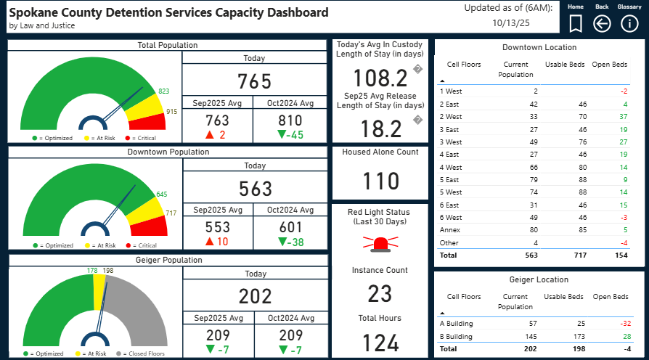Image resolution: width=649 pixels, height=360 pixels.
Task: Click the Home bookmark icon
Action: click(575, 24)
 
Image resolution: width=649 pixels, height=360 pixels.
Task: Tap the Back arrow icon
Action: click(602, 24)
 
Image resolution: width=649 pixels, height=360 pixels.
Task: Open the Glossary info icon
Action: click(629, 24)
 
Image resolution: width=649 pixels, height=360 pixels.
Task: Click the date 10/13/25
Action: click(508, 22)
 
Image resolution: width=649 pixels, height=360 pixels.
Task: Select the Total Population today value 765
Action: click(254, 81)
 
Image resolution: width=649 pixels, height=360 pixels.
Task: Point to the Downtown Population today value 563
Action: click(255, 189)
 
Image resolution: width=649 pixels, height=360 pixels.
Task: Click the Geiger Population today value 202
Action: click(255, 296)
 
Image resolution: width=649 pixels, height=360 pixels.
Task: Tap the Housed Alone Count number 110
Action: click(380, 181)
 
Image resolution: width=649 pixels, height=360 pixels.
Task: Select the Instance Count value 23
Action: click(380, 294)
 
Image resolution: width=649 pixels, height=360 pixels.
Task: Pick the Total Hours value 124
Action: click(380, 343)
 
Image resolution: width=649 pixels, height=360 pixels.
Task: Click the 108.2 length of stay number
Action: click(380, 78)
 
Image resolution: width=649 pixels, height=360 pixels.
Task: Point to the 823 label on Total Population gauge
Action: click(164, 91)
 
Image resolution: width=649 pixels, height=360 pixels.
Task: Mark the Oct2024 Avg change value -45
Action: click(290, 135)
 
